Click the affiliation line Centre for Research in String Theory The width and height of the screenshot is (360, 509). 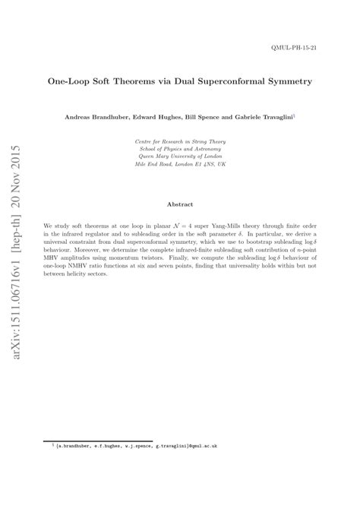[x=179, y=141]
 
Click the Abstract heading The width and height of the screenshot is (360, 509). [x=180, y=204]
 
